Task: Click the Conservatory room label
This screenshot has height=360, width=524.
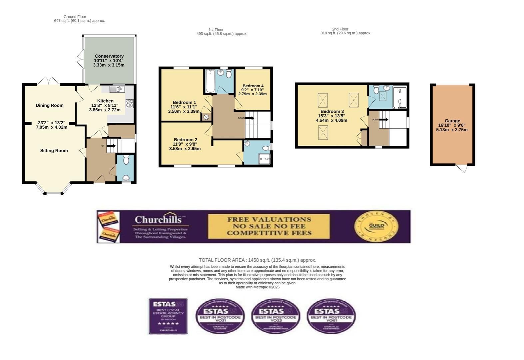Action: click(109, 56)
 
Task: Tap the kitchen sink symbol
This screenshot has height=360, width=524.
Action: click(117, 89)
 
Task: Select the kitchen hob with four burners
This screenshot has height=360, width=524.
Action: click(129, 103)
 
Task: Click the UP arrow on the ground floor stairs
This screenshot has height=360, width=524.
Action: click(111, 145)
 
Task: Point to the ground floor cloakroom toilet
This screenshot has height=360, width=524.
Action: click(126, 160)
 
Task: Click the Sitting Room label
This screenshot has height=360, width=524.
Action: click(54, 151)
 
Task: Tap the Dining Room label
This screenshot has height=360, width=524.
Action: click(50, 105)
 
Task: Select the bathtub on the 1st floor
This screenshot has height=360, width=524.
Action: click(210, 81)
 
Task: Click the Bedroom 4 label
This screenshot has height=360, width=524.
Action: click(253, 86)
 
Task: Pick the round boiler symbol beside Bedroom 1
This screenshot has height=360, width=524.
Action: click(206, 117)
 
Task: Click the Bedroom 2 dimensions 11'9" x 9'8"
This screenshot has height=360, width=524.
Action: click(185, 144)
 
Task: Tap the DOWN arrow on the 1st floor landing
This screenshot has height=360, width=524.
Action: click(250, 118)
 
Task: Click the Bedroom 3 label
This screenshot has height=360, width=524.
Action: click(332, 111)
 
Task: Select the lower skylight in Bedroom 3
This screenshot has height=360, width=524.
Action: click(323, 132)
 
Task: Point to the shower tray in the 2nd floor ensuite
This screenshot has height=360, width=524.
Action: click(400, 97)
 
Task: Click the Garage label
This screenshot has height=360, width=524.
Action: click(452, 121)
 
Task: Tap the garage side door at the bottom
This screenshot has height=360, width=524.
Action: click(461, 168)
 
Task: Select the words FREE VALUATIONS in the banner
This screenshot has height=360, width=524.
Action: click(269, 219)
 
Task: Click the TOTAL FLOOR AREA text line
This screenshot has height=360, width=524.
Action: click(257, 260)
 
